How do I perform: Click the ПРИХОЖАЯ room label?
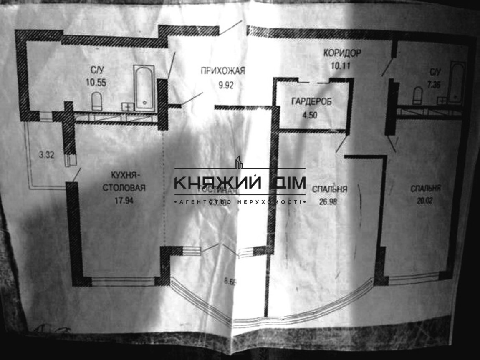(x=222, y=71)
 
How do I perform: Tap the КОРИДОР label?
(x=342, y=53)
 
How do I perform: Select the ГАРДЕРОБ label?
(x=313, y=102)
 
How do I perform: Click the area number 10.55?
(x=96, y=82)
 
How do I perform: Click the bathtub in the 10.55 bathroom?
(x=144, y=88)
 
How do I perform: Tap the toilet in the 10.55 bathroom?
(x=96, y=101)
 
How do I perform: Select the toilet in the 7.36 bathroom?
(x=418, y=96)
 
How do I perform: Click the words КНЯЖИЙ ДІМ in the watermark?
(x=240, y=183)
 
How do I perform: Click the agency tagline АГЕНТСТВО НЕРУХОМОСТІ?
(x=240, y=202)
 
